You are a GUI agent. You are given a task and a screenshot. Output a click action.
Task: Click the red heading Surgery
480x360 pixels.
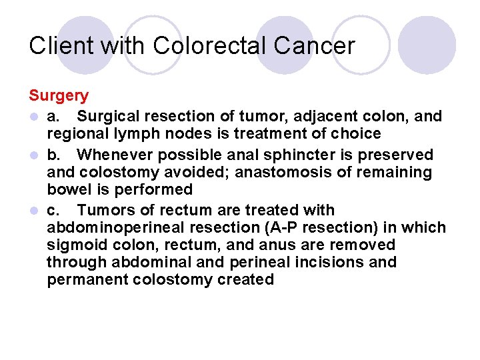click(58, 96)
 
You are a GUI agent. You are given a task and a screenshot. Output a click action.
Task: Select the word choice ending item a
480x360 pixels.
click(357, 134)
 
